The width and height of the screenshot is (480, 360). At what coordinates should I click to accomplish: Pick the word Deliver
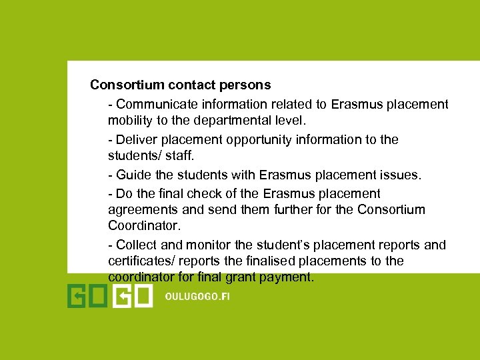[x=135, y=139]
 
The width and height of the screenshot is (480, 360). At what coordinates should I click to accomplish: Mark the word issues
[x=401, y=175]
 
